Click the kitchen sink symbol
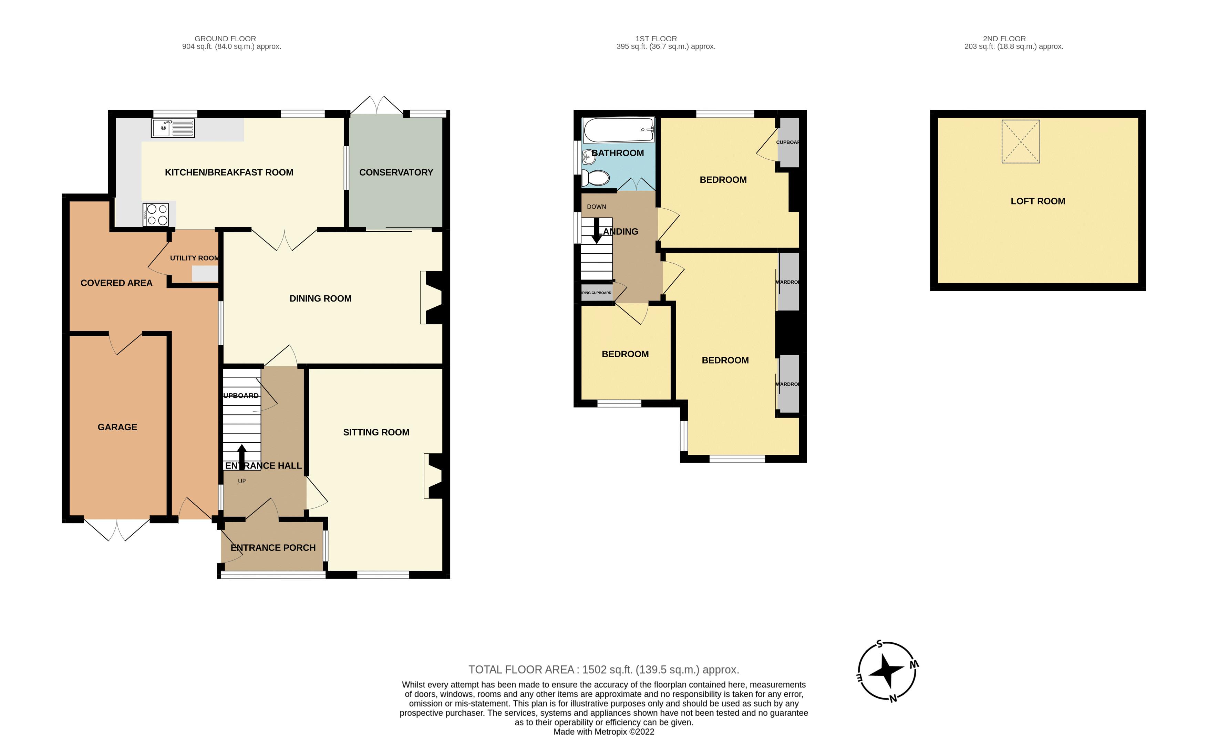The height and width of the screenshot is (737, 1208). pos(173,128)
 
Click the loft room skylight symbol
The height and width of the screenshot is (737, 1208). pos(1020,141)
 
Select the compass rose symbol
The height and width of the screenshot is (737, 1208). pos(887,671)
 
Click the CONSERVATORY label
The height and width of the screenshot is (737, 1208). pos(396,172)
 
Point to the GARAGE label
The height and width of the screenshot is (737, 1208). pos(117,427)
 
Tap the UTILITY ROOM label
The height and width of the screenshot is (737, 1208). pos(194,258)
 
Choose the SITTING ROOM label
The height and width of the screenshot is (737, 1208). pos(376,432)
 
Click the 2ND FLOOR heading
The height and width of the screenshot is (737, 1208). pos(1004,39)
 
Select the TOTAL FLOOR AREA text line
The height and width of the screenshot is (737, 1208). pos(603,670)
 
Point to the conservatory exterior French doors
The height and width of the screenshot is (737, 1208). pos(376,105)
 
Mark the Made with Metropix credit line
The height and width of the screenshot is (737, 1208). pos(603,731)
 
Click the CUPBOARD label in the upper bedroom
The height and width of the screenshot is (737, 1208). pos(788,142)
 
